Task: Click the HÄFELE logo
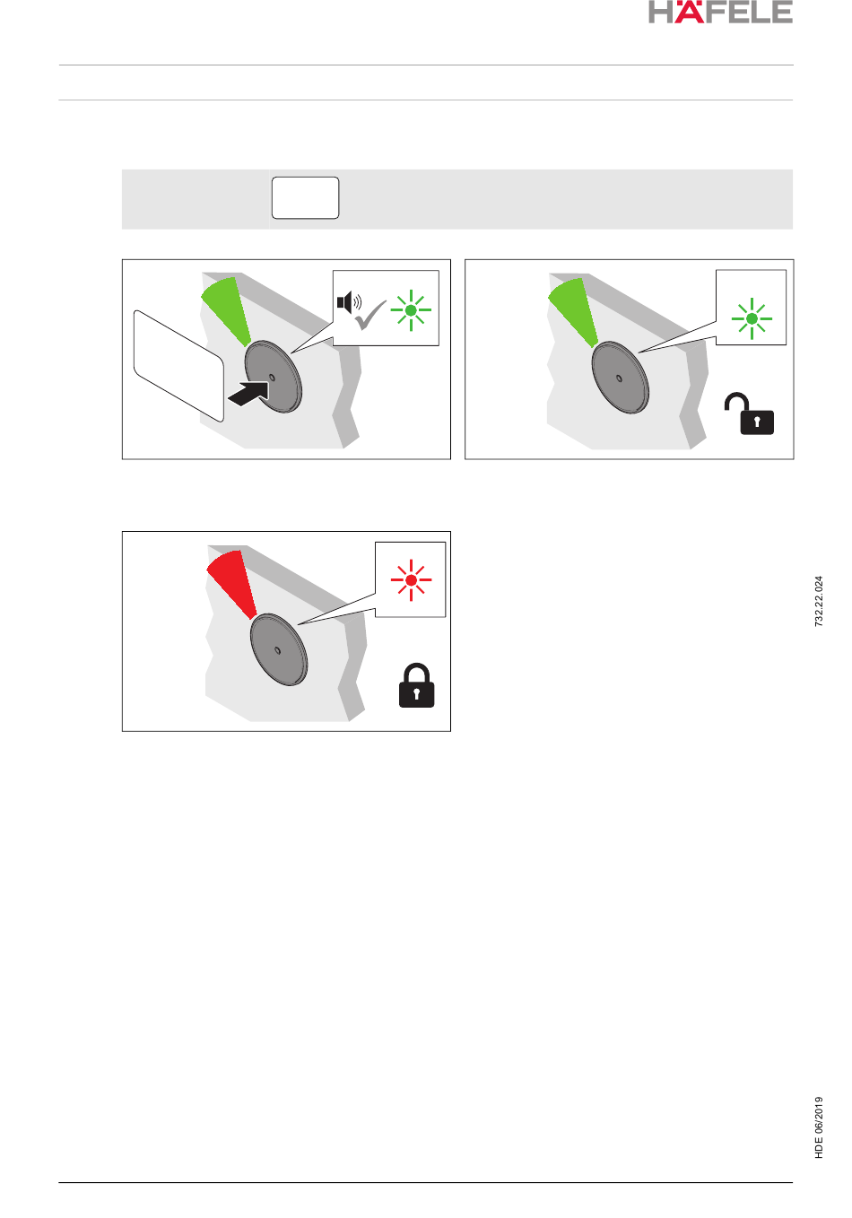coord(720,12)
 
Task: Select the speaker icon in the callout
coord(349,302)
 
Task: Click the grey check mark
coord(370,315)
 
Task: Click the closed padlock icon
coord(416,685)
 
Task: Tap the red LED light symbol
coord(411,580)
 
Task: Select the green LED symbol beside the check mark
coord(411,310)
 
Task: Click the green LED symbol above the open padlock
coord(752,318)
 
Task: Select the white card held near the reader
coord(178,366)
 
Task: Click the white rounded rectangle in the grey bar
coord(306,198)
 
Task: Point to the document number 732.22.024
coord(819,602)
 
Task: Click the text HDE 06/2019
coord(819,1127)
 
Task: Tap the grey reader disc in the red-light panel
coord(279,649)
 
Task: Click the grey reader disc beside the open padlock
coord(621,378)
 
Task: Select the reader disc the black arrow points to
coord(274,377)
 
